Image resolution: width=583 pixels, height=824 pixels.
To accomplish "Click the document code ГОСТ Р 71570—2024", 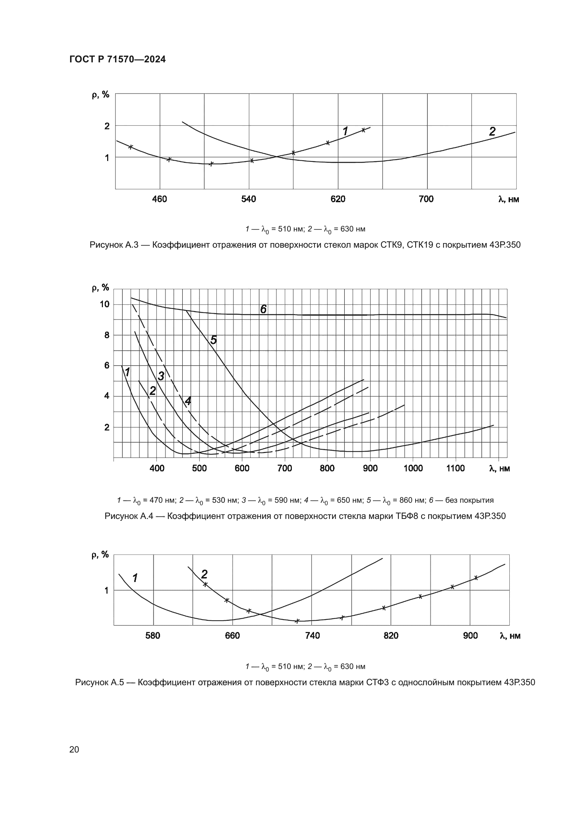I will [117, 60].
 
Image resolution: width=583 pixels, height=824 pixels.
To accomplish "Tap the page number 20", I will [74, 749].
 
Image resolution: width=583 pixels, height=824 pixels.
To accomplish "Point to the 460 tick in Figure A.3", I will [160, 199].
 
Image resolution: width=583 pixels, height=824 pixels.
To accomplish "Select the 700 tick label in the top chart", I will [426, 199].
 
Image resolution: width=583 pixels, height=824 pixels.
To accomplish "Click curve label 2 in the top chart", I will [492, 132].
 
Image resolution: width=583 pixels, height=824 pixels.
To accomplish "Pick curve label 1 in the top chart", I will [345, 131].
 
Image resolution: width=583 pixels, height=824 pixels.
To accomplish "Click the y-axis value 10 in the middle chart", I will [104, 304].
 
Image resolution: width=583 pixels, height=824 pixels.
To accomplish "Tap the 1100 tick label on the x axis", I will [455, 468].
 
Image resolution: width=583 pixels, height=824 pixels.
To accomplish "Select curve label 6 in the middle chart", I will [263, 309].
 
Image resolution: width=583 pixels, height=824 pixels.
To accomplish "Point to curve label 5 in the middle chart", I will [214, 340].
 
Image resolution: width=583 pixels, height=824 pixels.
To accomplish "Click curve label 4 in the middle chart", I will [188, 401].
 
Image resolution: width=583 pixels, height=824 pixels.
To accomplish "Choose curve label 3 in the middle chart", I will [161, 376].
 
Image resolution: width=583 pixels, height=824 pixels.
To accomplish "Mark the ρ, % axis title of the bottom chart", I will [100, 555].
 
